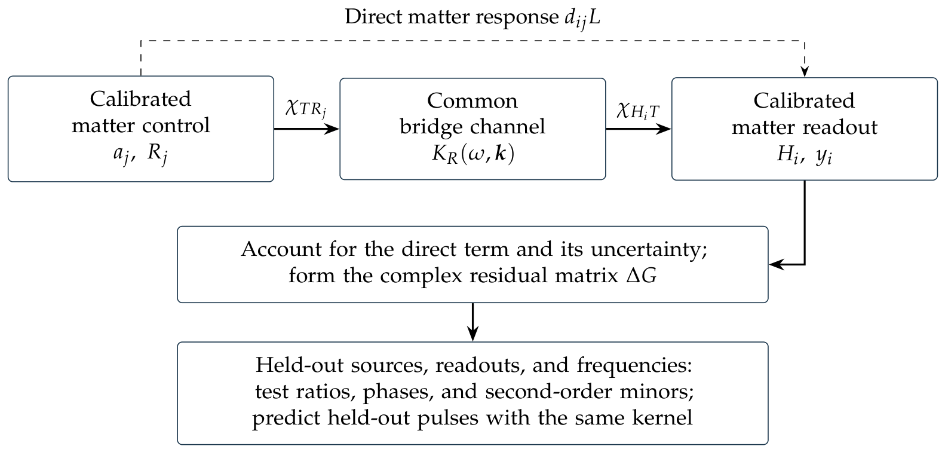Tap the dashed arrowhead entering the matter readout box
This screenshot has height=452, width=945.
point(805,71)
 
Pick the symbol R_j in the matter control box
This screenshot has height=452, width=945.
point(157,154)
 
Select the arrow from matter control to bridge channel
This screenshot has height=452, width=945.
point(306,129)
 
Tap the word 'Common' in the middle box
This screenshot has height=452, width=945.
point(472,101)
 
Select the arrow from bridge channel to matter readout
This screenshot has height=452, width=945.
point(639,129)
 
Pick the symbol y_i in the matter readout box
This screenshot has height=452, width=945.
point(824,156)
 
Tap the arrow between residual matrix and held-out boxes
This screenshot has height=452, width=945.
point(473,322)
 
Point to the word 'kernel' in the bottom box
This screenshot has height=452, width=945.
point(662,418)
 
